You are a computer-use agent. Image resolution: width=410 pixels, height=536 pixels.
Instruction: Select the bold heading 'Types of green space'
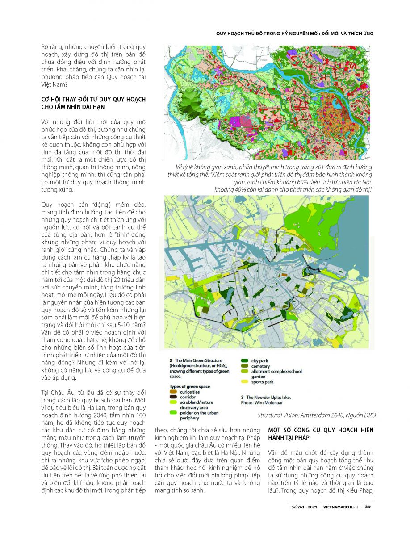(x=189, y=386)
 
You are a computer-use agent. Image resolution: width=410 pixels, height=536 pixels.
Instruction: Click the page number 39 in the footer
(x=367, y=507)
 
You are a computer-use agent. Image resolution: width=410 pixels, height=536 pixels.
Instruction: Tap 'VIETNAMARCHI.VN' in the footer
(x=341, y=507)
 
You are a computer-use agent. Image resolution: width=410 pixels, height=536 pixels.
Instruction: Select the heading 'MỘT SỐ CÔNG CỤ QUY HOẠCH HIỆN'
(x=320, y=430)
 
